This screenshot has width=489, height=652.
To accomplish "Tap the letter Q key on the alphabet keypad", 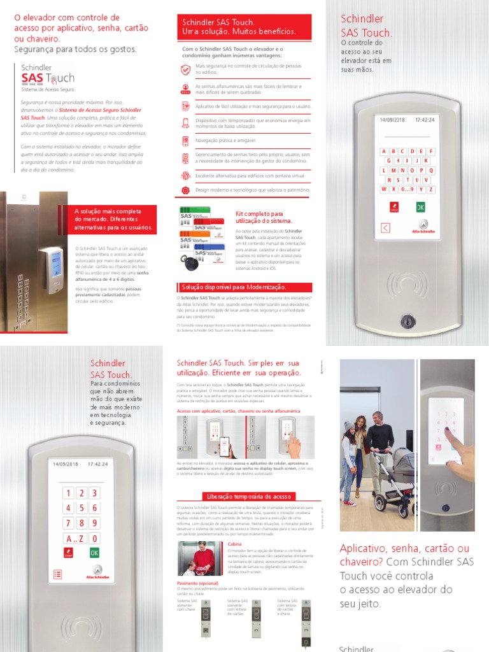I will tap(431, 170).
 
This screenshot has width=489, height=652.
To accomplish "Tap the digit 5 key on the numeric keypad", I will tap(81, 507).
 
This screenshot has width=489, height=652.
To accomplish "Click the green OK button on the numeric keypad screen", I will tap(94, 553).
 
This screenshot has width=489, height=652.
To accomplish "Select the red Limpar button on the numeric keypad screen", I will tap(67, 553).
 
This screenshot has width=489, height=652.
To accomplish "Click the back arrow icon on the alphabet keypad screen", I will tap(385, 227).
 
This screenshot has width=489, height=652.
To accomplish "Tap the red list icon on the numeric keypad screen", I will tap(57, 574).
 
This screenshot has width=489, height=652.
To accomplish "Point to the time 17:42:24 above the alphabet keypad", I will tap(425, 120).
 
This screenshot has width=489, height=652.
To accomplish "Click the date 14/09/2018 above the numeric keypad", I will tap(62, 464).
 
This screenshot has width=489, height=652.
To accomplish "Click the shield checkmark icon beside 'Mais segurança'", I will tap(185, 69).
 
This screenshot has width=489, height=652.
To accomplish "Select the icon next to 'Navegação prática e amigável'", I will tap(185, 141).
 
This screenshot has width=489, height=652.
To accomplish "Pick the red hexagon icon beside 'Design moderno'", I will tap(185, 190).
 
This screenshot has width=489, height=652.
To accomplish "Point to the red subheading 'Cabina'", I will tap(234, 544).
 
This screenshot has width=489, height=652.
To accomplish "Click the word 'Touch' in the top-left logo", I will tap(60, 78).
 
